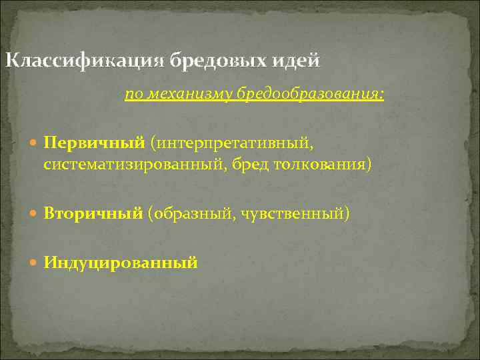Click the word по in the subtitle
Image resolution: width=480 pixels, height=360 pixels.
pyautogui.click(x=133, y=95)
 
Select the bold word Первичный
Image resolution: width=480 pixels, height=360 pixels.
pyautogui.click(x=95, y=143)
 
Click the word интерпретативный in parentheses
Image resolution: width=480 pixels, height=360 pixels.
pyautogui.click(x=232, y=143)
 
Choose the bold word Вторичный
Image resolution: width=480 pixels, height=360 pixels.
pyautogui.click(x=93, y=213)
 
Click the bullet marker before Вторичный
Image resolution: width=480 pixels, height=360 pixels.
pyautogui.click(x=35, y=214)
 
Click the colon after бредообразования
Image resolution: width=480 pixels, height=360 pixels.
pyautogui.click(x=381, y=95)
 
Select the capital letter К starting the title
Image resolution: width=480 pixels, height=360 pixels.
pyautogui.click(x=11, y=61)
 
